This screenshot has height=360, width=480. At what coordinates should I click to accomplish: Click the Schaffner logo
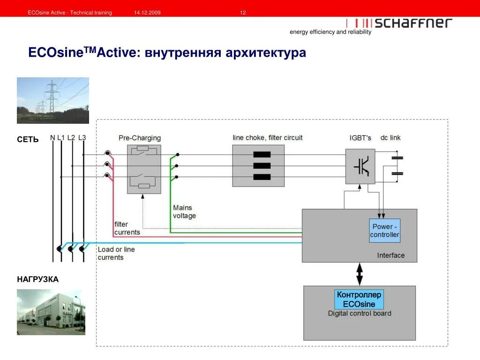tap(399, 23)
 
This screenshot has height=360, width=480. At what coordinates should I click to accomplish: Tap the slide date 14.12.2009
tap(147, 13)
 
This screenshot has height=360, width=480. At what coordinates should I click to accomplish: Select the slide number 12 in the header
tap(243, 13)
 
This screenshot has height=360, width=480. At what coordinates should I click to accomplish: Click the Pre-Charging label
tap(140, 138)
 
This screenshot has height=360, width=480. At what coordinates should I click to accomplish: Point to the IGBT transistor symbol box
tap(360, 166)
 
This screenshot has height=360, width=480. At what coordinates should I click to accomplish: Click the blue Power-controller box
tap(385, 231)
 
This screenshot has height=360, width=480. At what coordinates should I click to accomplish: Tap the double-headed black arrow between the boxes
tap(360, 274)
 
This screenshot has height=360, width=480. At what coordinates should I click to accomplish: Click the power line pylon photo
tap(53, 100)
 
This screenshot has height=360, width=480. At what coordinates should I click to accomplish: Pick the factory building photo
tap(51, 312)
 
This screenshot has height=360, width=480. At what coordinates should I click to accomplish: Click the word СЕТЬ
tap(28, 140)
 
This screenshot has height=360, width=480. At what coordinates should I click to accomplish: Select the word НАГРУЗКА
tap(38, 279)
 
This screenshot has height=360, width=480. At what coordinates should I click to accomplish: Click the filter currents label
tap(127, 228)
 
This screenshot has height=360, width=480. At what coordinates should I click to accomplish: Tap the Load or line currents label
tap(116, 253)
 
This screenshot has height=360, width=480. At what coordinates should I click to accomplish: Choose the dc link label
tap(390, 138)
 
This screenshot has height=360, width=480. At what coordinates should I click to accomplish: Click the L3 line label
tap(82, 137)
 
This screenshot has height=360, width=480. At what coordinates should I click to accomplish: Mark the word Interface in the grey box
tap(390, 255)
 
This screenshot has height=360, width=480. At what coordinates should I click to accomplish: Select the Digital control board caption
tap(360, 313)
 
